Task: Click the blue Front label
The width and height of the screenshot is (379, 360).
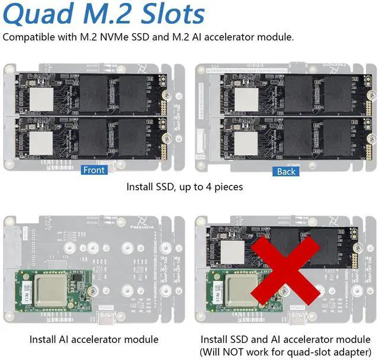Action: click(94, 171)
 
